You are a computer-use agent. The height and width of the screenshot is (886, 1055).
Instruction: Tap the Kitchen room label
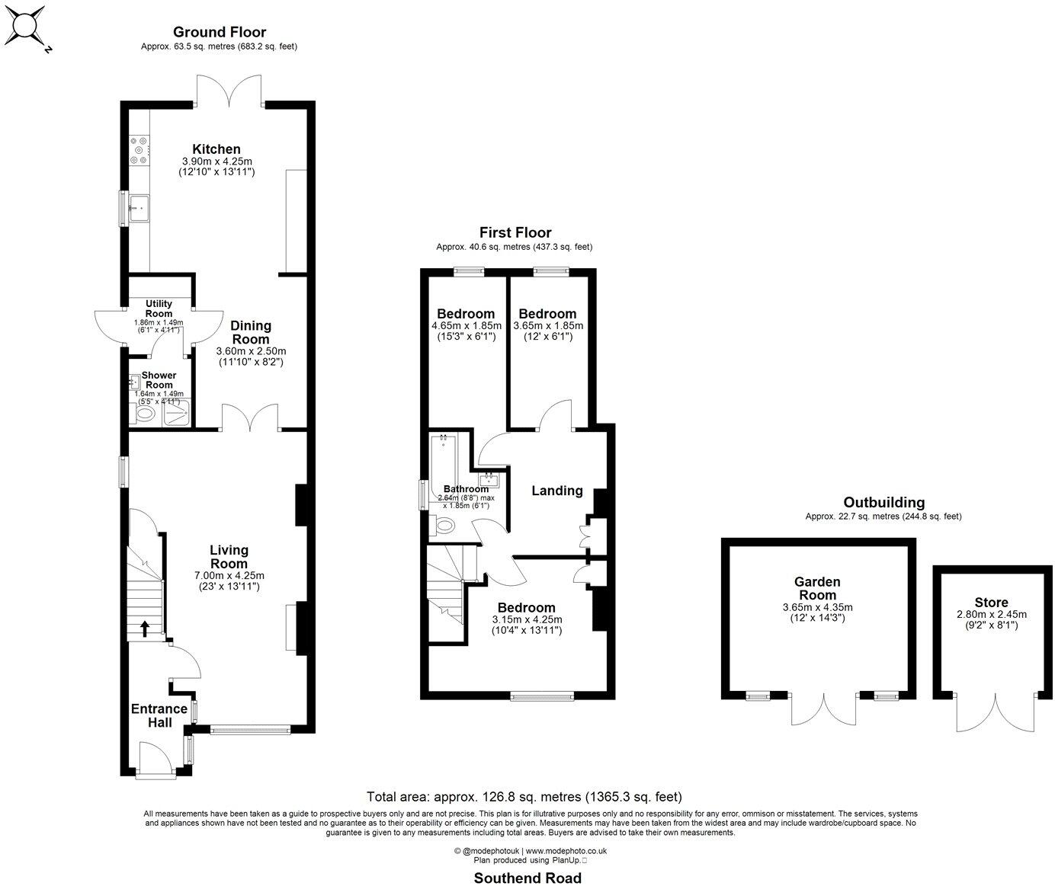(216, 149)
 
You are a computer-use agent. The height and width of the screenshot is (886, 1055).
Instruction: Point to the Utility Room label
(159, 309)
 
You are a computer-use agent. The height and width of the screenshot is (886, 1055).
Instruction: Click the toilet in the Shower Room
(144, 414)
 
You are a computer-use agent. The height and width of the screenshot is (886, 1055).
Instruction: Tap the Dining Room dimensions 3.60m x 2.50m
(251, 351)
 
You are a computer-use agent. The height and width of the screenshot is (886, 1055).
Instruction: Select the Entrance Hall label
(159, 715)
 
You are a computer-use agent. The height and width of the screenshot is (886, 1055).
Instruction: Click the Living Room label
(229, 557)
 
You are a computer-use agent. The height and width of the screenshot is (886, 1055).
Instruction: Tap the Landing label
(556, 491)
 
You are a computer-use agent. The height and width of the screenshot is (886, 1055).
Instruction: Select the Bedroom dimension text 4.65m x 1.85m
(466, 326)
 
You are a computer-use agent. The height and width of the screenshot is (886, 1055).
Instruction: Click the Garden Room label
(817, 588)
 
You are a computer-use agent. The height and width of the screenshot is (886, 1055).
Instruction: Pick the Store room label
(991, 602)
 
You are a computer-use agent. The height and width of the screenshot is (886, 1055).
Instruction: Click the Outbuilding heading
(883, 502)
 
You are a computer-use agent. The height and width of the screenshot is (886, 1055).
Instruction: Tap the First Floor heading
(515, 232)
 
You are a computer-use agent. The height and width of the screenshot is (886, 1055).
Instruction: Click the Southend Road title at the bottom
(527, 878)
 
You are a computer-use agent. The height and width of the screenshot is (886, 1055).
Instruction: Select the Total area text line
(524, 797)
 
